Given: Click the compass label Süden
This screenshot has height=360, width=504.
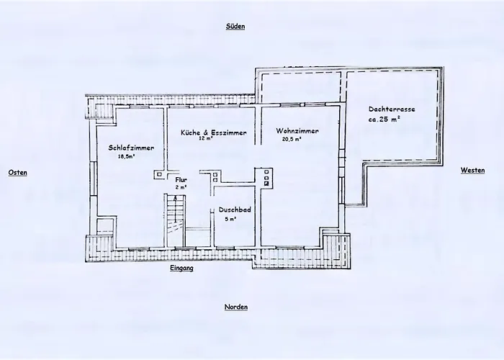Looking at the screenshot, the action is [235, 27].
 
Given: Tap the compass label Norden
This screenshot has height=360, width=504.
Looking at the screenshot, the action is [236, 307].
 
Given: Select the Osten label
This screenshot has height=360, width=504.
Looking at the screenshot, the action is [18, 173].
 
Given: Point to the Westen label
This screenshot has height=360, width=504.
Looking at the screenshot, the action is [472, 171].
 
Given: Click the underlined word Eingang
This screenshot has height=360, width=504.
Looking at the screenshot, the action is [181, 268].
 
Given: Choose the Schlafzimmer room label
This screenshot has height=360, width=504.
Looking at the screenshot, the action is [131, 148].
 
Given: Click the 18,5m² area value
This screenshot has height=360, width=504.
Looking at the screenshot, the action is [126, 157].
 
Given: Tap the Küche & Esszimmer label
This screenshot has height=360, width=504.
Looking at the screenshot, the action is [214, 132].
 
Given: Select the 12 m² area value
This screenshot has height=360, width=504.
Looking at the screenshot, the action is [206, 138].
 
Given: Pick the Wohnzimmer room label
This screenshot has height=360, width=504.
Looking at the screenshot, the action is [297, 131].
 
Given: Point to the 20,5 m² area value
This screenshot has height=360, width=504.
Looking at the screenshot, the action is [292, 139].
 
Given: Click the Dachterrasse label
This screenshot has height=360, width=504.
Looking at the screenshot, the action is [392, 109].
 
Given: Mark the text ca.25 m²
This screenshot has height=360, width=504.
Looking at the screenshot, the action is [384, 119].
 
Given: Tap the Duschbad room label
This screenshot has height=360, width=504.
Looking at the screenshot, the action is [235, 210].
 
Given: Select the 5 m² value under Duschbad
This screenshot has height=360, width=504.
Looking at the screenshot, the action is [230, 219].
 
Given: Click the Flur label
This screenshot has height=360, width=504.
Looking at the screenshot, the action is [181, 180].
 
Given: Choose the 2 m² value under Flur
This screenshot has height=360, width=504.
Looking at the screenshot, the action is [181, 187].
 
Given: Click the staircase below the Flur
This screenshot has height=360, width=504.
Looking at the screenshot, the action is [175, 220].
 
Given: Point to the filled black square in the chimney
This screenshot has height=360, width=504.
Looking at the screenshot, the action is [266, 184].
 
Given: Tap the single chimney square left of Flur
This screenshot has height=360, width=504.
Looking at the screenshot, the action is [159, 174].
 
